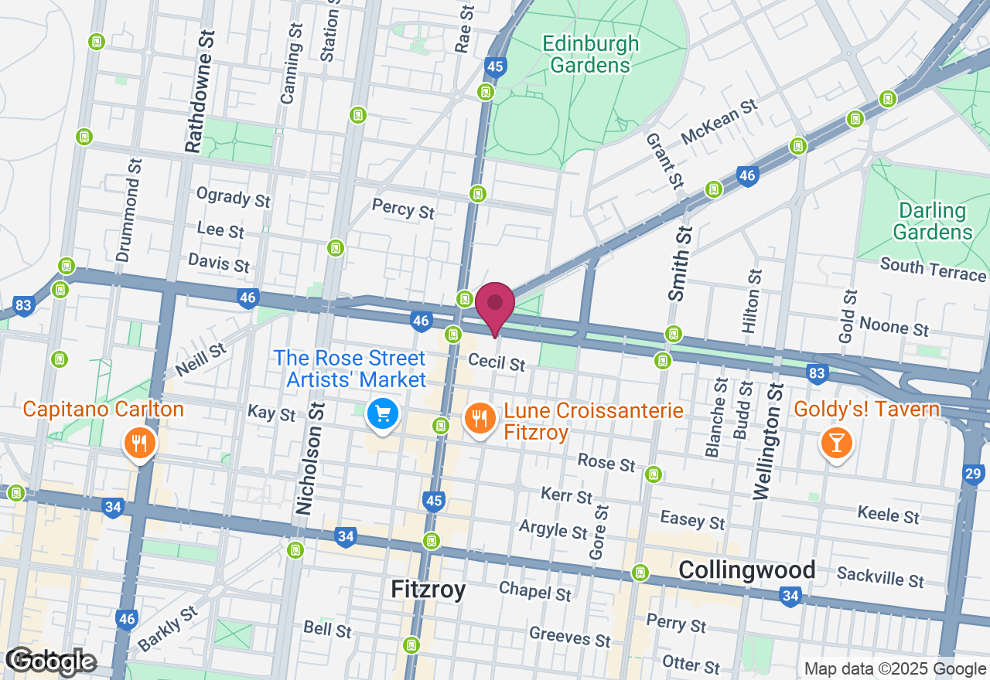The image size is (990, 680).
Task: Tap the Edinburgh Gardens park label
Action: (591, 54)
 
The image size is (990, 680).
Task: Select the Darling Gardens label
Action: (932, 221)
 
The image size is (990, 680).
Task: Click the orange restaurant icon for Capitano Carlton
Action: (140, 444)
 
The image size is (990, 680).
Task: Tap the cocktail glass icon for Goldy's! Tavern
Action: (836, 444)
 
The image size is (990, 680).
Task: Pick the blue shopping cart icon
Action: (382, 414)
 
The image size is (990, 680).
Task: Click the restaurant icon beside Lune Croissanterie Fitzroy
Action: (480, 419)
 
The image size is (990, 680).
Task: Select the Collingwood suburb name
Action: (746, 570)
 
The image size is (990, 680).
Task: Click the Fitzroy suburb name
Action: (428, 590)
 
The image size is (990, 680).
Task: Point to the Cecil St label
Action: (497, 362)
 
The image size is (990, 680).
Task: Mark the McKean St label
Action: (718, 122)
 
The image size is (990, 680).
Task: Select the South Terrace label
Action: (933, 270)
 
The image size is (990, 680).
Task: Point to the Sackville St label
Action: (880, 576)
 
